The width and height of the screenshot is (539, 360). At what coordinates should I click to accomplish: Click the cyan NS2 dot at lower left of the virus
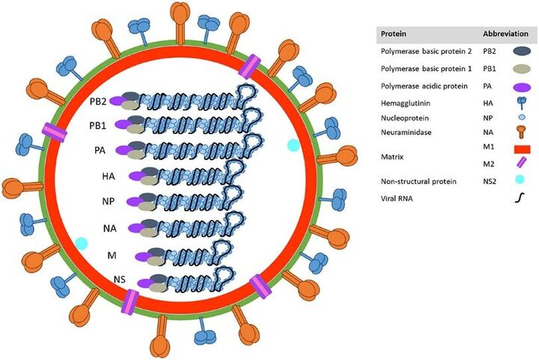(82, 243)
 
